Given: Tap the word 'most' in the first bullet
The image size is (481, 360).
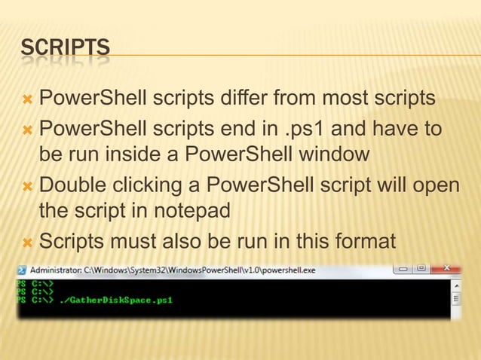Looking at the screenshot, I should point(346,98).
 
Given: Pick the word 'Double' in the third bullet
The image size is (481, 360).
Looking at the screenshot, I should point(74,185).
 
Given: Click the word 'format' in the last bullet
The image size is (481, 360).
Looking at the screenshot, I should point(359,243).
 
